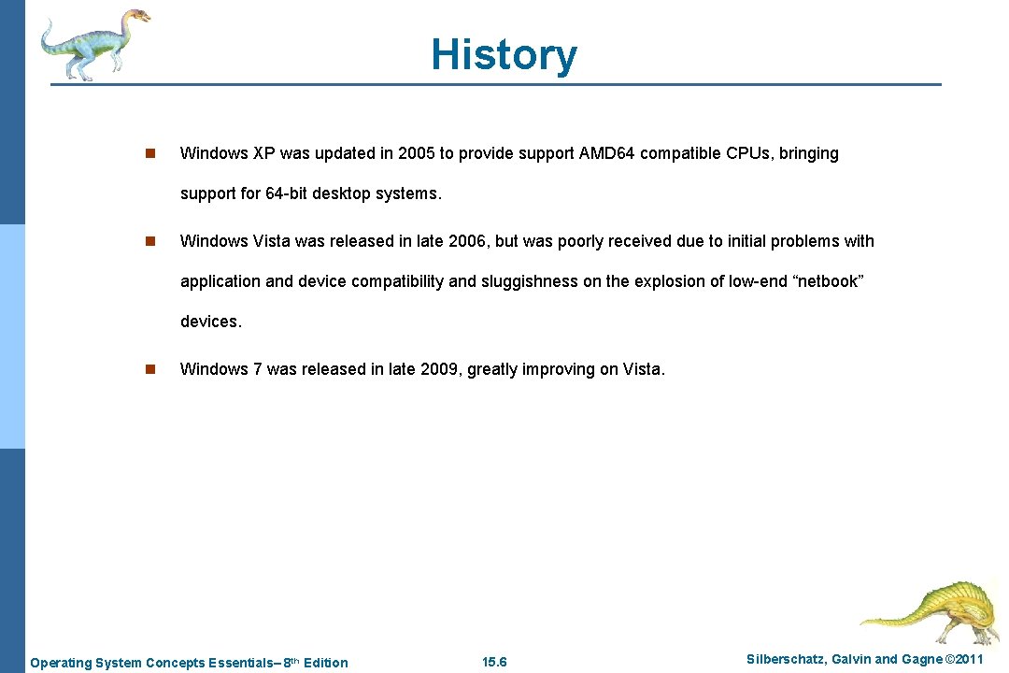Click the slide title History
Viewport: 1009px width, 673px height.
click(x=504, y=55)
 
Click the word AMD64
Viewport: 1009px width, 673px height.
click(x=607, y=153)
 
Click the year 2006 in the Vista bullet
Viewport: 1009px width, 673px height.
click(x=467, y=241)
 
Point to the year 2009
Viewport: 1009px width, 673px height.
click(x=439, y=369)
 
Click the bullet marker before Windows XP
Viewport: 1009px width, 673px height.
click(x=149, y=153)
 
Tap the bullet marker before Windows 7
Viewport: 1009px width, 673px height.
click(x=149, y=369)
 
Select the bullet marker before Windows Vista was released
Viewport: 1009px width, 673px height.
click(x=149, y=241)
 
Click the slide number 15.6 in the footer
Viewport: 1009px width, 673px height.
click(x=494, y=663)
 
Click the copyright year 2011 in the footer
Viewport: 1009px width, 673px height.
click(x=966, y=660)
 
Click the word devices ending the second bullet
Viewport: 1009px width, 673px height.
click(x=210, y=322)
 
